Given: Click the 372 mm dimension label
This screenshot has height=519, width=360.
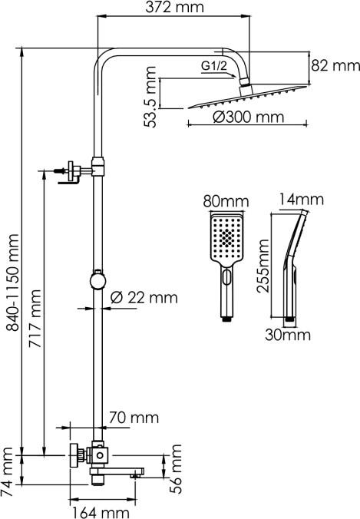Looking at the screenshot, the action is tap(174, 7).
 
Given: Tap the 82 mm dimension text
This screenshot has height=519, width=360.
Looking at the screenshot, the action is tap(335, 65).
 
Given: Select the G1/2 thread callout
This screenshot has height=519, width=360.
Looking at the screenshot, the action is tap(214, 66).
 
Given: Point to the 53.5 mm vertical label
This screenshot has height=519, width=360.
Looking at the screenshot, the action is tap(150, 97).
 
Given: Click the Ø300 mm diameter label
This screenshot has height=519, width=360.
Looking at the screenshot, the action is tap(248, 117).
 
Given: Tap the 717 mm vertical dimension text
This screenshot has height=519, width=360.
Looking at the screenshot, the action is tap(35, 319).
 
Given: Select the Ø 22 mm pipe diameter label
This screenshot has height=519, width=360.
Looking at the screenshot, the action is tap(144, 298).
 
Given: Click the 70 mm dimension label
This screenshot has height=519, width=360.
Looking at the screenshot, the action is tap(134, 418).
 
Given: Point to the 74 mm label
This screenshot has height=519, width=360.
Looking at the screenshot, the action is tap(7, 471).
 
